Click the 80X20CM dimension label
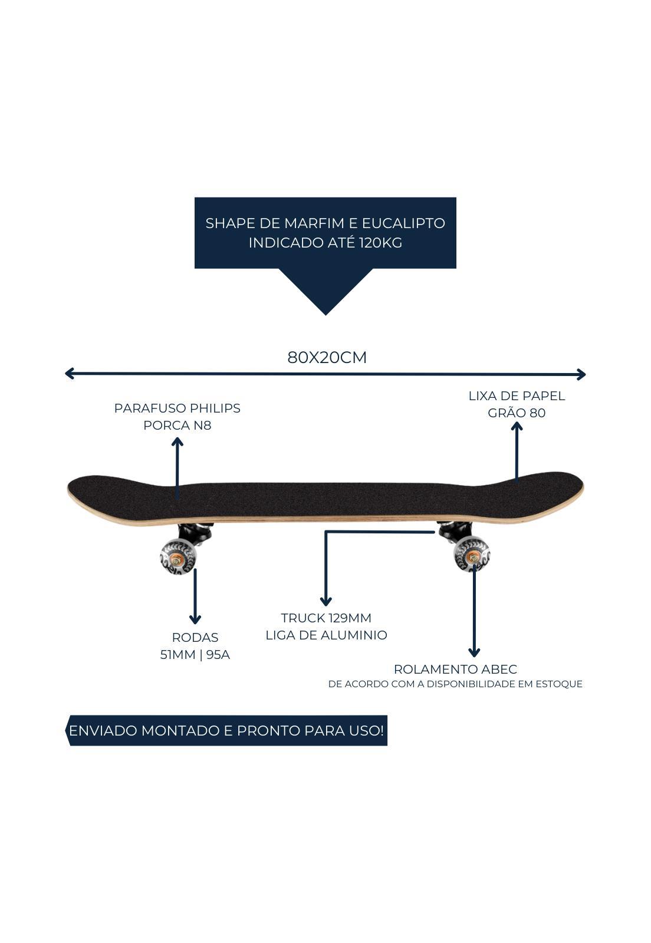click(x=327, y=357)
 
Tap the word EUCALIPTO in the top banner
click(x=403, y=223)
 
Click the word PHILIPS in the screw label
click(x=216, y=408)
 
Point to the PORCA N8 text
click(x=177, y=426)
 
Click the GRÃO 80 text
click(x=517, y=413)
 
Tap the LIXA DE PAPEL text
click(x=517, y=395)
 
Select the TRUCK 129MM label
click(x=326, y=618)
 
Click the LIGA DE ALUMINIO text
click(x=326, y=635)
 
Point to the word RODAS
click(x=195, y=637)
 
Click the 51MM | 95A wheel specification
click(x=195, y=654)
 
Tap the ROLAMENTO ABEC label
click(x=455, y=669)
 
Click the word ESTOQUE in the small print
click(x=559, y=684)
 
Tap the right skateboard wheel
click(x=472, y=555)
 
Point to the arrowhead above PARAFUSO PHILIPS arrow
click(x=177, y=441)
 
